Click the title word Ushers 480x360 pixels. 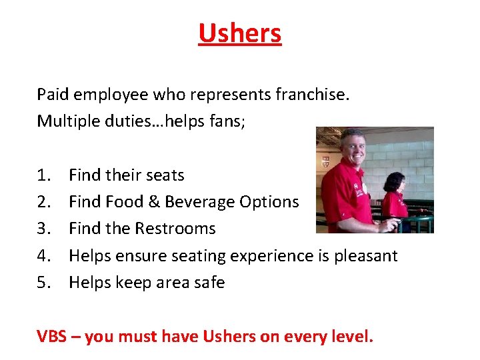[240, 33]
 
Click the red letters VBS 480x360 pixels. [52, 337]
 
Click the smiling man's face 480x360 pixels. [352, 150]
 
